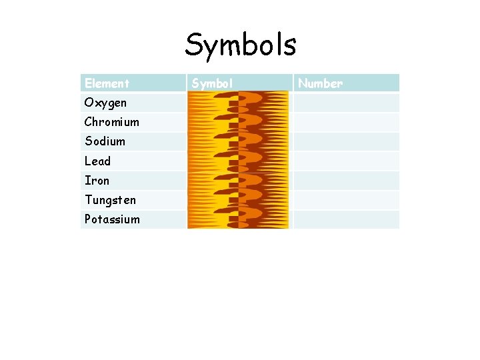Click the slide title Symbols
(x=240, y=45)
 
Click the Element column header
(x=107, y=83)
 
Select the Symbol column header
(x=212, y=83)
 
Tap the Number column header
(x=320, y=83)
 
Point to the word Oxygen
(x=105, y=103)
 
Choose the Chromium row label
(x=111, y=122)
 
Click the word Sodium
(x=105, y=141)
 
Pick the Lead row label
(x=97, y=161)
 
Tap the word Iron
(x=97, y=180)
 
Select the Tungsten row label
(x=110, y=199)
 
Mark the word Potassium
(x=112, y=219)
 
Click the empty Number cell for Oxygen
(x=346, y=103)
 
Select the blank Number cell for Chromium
(x=346, y=122)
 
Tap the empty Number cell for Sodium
(x=346, y=141)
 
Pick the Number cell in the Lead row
(x=346, y=161)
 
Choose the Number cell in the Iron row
(x=346, y=180)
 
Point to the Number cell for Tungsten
(x=346, y=199)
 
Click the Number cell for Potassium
(x=346, y=219)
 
